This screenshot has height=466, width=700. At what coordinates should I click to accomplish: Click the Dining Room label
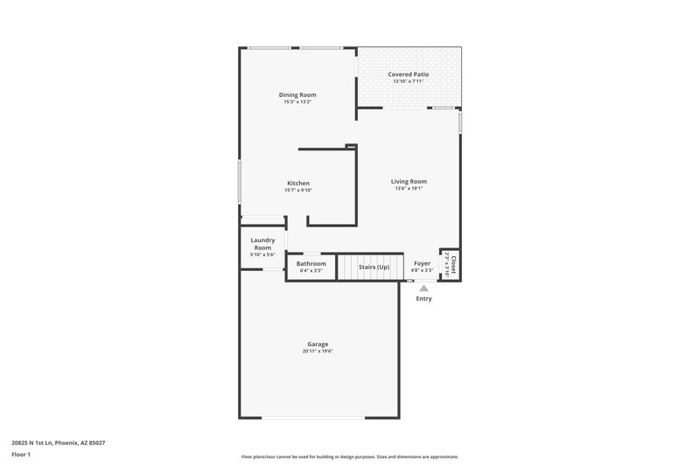tap(297, 94)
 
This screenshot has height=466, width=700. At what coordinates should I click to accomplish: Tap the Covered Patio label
tap(408, 74)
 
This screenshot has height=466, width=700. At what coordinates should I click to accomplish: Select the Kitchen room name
tap(297, 183)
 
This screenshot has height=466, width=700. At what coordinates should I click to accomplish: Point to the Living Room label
tap(409, 181)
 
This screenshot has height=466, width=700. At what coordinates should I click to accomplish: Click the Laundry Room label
tap(262, 243)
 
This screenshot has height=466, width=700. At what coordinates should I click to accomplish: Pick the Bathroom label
tap(311, 263)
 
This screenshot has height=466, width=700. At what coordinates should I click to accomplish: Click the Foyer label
tap(422, 263)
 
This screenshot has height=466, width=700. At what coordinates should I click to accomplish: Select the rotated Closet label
tap(452, 261)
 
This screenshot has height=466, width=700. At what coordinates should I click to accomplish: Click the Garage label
tap(318, 344)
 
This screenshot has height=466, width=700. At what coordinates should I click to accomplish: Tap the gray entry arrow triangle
tap(423, 288)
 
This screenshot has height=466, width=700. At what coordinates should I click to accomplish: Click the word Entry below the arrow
tap(423, 299)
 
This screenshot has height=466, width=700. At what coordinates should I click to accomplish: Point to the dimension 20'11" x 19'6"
tap(318, 351)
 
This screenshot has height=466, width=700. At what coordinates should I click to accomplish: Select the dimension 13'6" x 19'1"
tap(409, 189)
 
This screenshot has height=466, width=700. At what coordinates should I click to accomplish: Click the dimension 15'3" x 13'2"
tap(297, 102)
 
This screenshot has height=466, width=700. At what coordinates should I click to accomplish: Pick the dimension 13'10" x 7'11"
tap(408, 81)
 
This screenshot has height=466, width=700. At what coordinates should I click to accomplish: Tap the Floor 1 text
tap(20, 455)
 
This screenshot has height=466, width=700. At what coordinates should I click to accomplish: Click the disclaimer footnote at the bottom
tap(349, 456)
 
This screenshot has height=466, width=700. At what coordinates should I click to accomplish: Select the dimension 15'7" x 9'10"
tap(297, 190)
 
